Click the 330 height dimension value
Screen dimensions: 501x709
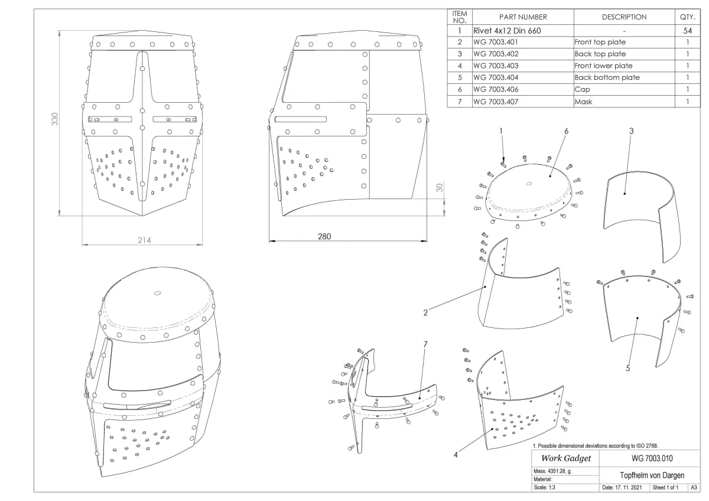click(x=55, y=120)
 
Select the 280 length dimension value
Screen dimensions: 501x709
click(x=325, y=236)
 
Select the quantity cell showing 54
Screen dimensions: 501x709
click(x=687, y=30)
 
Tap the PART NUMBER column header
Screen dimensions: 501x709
click(x=523, y=17)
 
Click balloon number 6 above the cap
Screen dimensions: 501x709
click(x=565, y=131)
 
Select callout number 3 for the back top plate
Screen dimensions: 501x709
click(x=632, y=131)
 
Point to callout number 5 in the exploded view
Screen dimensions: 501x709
click(x=627, y=368)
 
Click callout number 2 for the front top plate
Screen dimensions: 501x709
click(x=425, y=313)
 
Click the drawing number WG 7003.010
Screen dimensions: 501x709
click(x=649, y=458)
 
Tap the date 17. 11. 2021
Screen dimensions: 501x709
click(x=624, y=488)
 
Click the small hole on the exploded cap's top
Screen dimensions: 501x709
click(x=528, y=183)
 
